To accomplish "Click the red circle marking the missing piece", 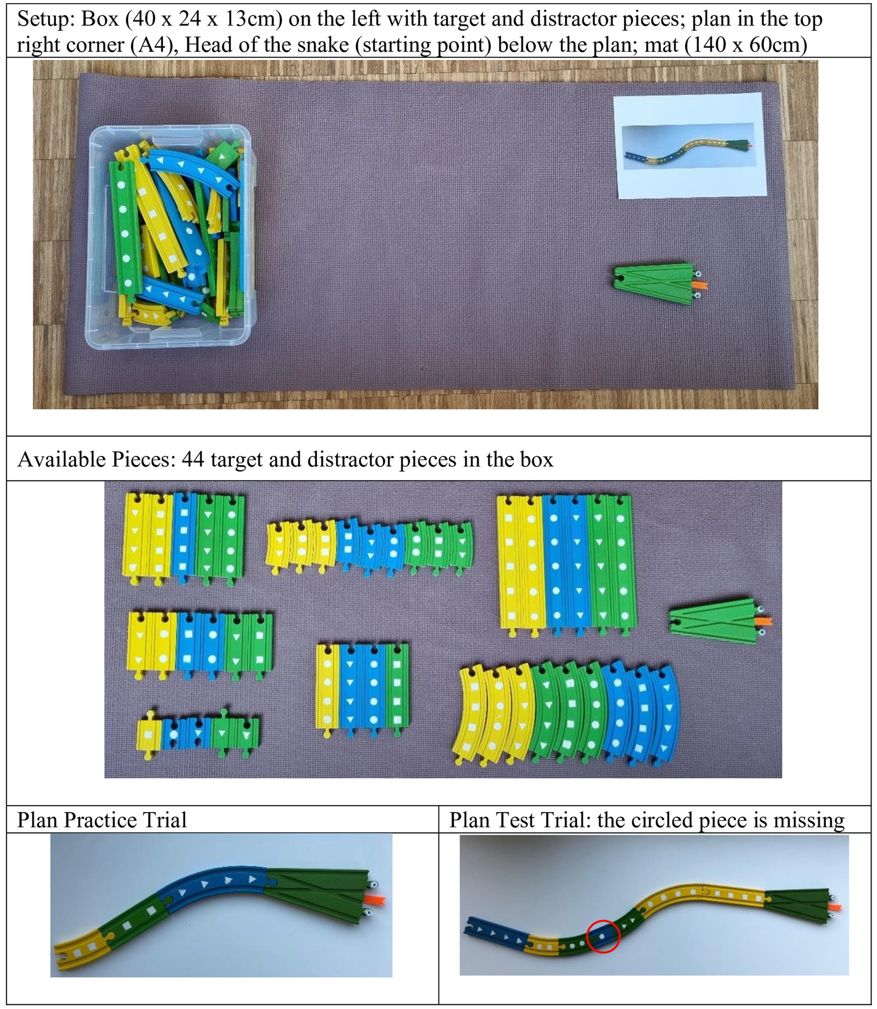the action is [x=604, y=936].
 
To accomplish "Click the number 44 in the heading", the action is [x=192, y=460].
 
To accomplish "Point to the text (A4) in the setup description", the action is [x=154, y=45].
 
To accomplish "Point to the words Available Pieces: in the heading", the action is [x=96, y=460].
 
